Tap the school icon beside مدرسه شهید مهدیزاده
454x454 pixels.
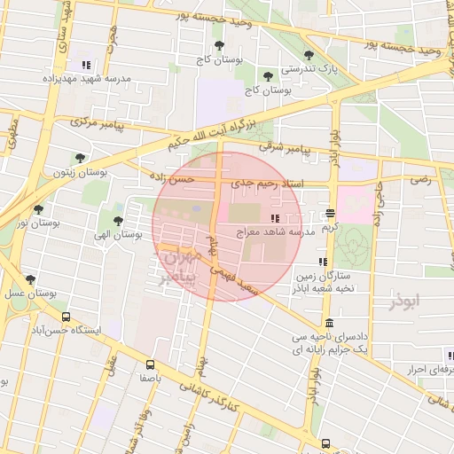pyautogui.click(x=86, y=65)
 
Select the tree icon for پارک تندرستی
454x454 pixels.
pyautogui.click(x=309, y=55)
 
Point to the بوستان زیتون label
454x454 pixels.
pyautogui.click(x=80, y=172)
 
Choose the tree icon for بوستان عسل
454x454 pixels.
pyautogui.click(x=30, y=278)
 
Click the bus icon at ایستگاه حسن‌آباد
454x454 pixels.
pyautogui.click(x=66, y=317)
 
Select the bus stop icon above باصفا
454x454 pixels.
pyautogui.click(x=150, y=364)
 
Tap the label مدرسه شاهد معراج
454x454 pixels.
pyautogui.click(x=275, y=231)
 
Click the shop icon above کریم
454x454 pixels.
pyautogui.click(x=330, y=213)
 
